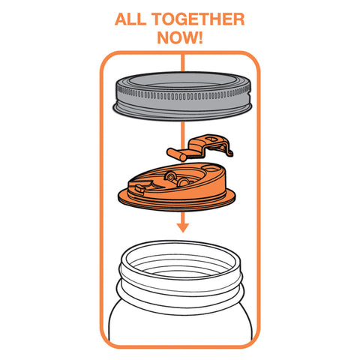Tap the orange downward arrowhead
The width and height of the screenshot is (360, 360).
[180, 226]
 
